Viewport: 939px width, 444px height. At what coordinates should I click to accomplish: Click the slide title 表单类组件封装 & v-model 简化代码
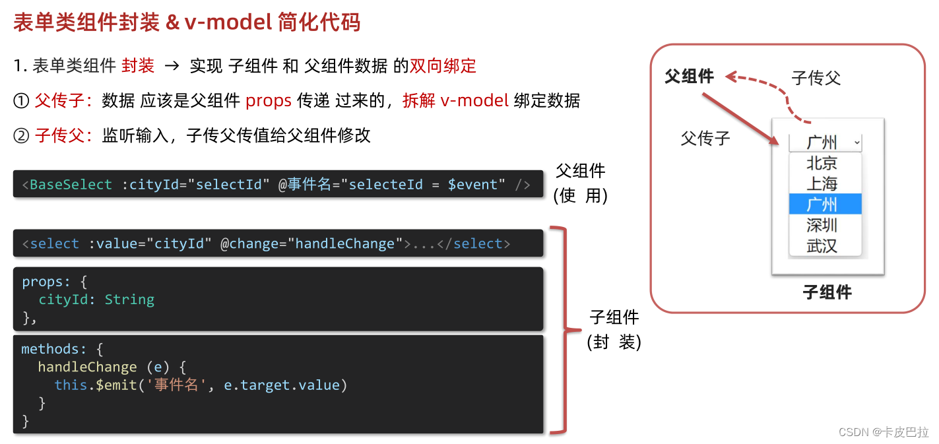pyautogui.click(x=187, y=23)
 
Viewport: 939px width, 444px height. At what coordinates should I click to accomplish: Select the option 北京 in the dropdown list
pyautogui.click(x=822, y=163)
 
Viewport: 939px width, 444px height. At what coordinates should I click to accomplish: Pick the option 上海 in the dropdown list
pyautogui.click(x=822, y=183)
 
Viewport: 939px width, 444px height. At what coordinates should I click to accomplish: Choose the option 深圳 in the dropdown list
pyautogui.click(x=822, y=225)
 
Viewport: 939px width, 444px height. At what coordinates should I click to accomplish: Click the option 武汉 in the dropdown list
pyautogui.click(x=822, y=246)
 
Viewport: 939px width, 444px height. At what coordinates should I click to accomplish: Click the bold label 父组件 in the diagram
pyautogui.click(x=689, y=77)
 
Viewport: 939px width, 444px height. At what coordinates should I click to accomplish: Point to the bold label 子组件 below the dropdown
pyautogui.click(x=827, y=292)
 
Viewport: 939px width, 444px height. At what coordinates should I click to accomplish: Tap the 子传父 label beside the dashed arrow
pyautogui.click(x=816, y=78)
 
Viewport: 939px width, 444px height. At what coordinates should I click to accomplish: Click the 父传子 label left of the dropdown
pyautogui.click(x=705, y=139)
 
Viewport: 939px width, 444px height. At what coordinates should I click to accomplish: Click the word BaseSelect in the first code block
pyautogui.click(x=71, y=185)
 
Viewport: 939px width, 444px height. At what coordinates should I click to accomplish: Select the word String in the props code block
pyautogui.click(x=129, y=300)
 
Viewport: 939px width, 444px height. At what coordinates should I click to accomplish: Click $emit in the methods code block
pyautogui.click(x=116, y=385)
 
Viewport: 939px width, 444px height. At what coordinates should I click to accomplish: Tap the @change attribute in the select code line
pyautogui.click(x=249, y=244)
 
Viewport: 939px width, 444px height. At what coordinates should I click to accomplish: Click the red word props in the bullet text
pyautogui.click(x=268, y=101)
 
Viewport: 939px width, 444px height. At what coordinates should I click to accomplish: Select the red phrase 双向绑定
pyautogui.click(x=443, y=66)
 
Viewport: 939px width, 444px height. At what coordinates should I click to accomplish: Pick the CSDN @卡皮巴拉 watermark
pyautogui.click(x=883, y=432)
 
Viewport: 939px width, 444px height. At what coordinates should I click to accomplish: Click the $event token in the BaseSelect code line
pyautogui.click(x=472, y=185)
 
